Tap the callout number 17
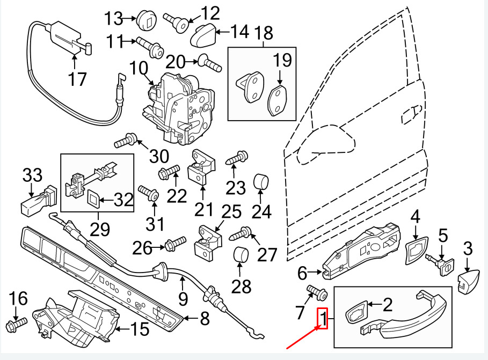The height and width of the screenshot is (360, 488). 77,79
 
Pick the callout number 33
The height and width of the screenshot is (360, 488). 32,175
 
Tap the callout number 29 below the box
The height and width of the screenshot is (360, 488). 100,229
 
